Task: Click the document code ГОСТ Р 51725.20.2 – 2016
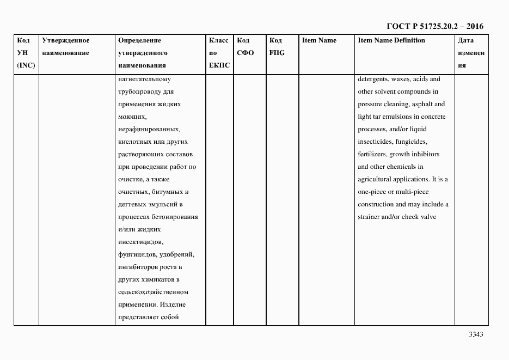(434, 26)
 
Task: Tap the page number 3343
(476, 334)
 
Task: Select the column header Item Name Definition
(391, 40)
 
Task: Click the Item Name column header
(319, 40)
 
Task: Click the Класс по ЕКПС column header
(219, 53)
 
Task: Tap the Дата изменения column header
(470, 53)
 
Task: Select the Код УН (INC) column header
(26, 53)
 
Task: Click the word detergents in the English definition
(375, 79)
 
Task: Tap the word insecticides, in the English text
(376, 142)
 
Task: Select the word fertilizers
(373, 154)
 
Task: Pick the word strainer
(370, 217)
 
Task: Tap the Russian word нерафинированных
(148, 129)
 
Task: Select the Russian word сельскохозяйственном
(152, 292)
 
